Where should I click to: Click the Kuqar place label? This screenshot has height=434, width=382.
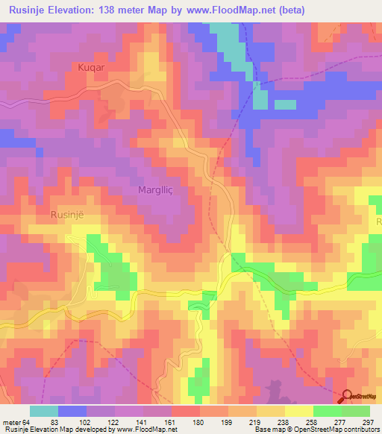[x=90, y=67]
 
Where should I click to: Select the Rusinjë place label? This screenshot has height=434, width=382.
[x=66, y=214]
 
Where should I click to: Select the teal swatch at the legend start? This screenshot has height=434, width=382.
[x=44, y=411]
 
